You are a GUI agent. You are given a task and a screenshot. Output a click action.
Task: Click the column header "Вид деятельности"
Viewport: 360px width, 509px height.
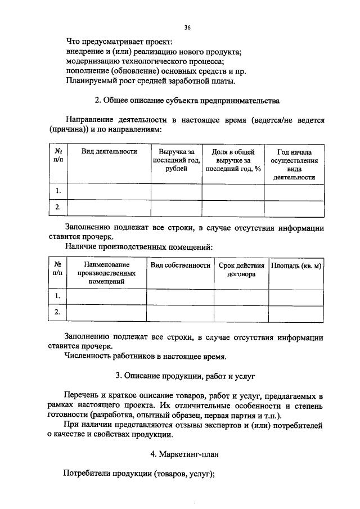[109, 152]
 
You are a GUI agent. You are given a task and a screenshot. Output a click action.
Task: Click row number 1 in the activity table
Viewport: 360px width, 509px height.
[57, 191]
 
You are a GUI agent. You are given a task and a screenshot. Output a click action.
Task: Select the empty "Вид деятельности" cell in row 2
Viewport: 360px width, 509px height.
[109, 208]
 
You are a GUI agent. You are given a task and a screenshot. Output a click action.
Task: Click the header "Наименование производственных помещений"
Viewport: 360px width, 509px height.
[106, 273]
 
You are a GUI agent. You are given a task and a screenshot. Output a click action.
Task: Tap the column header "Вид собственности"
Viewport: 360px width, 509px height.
[180, 265]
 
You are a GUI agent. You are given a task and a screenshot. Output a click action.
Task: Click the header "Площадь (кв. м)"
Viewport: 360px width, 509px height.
[296, 265]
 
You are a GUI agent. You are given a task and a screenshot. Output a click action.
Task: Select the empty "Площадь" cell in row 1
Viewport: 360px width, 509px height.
[296, 296]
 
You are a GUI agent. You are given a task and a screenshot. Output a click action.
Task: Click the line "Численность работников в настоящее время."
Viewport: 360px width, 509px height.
[146, 356]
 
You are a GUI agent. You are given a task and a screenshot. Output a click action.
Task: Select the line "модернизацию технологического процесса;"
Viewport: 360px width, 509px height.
[145, 61]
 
